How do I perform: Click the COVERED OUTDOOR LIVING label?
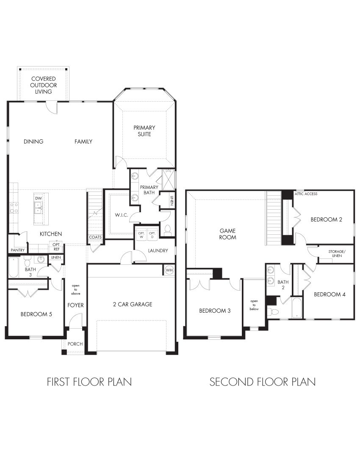click(x=44, y=85)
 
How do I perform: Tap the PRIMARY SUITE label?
click(x=144, y=130)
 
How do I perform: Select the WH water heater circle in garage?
click(x=169, y=270)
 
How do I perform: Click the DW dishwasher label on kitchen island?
click(x=38, y=198)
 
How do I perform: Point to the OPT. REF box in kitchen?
click(x=56, y=246)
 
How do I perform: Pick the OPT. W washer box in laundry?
click(x=141, y=234)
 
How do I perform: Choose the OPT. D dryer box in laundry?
click(x=152, y=234)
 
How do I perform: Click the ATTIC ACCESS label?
click(x=306, y=194)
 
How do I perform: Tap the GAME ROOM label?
click(x=228, y=234)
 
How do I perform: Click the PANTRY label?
click(x=18, y=250)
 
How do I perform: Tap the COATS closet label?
click(x=95, y=237)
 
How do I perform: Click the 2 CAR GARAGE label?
click(x=133, y=304)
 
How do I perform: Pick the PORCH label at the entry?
click(x=75, y=344)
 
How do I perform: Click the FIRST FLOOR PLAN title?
click(x=89, y=382)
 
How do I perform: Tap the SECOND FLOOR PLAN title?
click(x=263, y=382)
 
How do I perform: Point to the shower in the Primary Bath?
click(x=169, y=178)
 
